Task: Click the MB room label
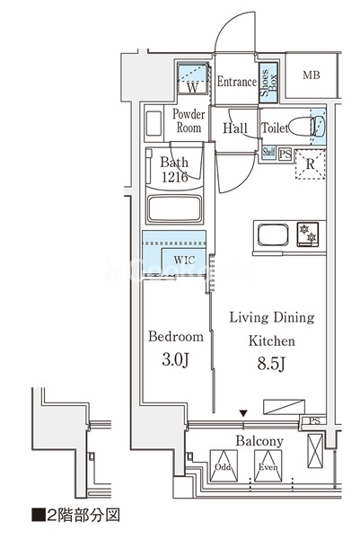312,75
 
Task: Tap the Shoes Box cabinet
268,83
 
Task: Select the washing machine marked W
193,79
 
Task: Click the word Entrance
237,82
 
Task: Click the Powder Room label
189,120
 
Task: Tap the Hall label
235,128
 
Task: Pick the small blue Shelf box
268,151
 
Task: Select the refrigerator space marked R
310,164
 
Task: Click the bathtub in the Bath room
174,209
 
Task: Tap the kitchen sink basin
273,235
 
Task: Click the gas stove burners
308,234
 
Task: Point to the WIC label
184,260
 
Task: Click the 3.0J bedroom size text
175,359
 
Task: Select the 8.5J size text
271,364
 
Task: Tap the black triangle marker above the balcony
243,413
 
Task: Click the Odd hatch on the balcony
224,466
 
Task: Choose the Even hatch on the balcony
268,466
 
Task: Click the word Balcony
259,441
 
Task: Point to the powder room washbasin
154,123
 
